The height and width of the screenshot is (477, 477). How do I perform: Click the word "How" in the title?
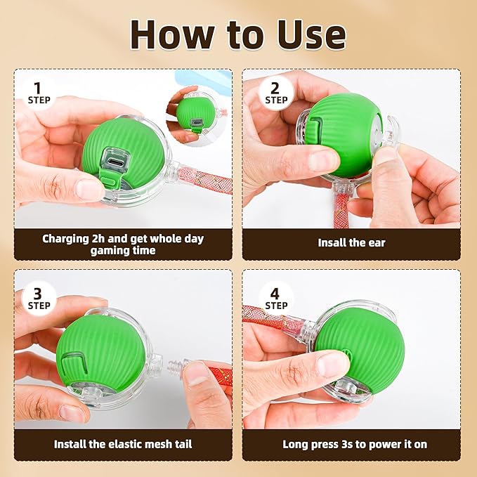(170, 34)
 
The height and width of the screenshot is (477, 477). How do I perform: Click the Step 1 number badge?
(39, 92)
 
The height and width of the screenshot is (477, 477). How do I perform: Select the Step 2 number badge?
(276, 92)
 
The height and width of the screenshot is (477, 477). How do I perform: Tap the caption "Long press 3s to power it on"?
(355, 444)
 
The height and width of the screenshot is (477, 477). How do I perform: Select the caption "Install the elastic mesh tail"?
(123, 444)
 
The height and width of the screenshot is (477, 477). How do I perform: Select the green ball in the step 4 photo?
(358, 344)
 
